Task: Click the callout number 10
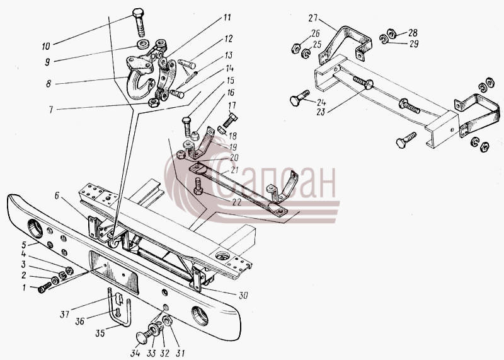pyautogui.click(x=46, y=46)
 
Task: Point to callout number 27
pyautogui.click(x=312, y=18)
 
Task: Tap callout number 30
pyautogui.click(x=243, y=295)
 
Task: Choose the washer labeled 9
pyautogui.click(x=143, y=44)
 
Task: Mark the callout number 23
pyautogui.click(x=321, y=112)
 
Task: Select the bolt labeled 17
pyautogui.click(x=230, y=120)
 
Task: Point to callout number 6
pyautogui.click(x=57, y=195)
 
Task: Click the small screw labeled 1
pyautogui.click(x=45, y=287)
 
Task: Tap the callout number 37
pyautogui.click(x=65, y=314)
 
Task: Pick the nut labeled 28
pyautogui.click(x=391, y=33)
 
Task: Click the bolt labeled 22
pyautogui.click(x=198, y=187)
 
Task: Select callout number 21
pyautogui.click(x=235, y=170)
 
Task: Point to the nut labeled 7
pyautogui.click(x=154, y=103)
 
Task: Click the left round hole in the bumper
pyautogui.click(x=35, y=228)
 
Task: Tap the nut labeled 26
pyautogui.click(x=295, y=49)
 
